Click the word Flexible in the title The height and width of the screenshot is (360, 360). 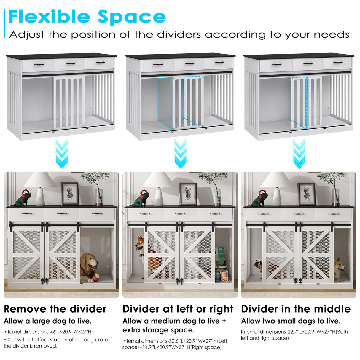coord(49,17)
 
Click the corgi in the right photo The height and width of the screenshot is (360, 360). coord(339,268)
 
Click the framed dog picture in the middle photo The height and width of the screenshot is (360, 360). coord(188,194)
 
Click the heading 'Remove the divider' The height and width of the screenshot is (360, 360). coord(55,309)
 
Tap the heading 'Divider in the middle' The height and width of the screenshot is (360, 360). coord(296,309)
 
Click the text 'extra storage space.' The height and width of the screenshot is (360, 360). coord(158,330)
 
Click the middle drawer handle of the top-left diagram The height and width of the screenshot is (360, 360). coord(70,63)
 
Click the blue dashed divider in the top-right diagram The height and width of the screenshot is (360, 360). coord(299,102)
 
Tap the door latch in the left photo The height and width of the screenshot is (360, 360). coord(44,280)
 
